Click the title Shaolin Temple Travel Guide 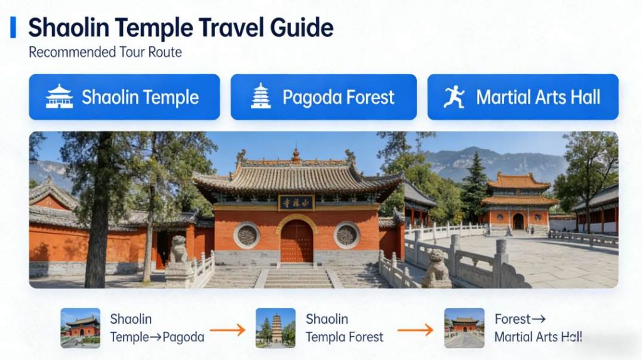[x=181, y=28]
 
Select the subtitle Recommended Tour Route [x=105, y=52]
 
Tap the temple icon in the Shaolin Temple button [x=60, y=97]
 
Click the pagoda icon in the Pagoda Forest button [x=261, y=97]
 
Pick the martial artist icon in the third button [x=454, y=97]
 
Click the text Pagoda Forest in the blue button [x=339, y=97]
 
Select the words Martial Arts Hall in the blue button [x=538, y=97]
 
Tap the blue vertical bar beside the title [x=13, y=28]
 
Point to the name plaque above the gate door [x=297, y=202]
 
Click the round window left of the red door [x=246, y=235]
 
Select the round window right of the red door [x=346, y=235]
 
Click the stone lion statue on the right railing [x=437, y=267]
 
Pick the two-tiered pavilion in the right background [x=518, y=201]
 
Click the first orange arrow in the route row [x=227, y=329]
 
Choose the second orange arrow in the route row [x=416, y=329]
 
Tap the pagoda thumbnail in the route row [x=276, y=328]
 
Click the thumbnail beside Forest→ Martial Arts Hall [x=465, y=328]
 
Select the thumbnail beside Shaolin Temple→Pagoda [x=80, y=328]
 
